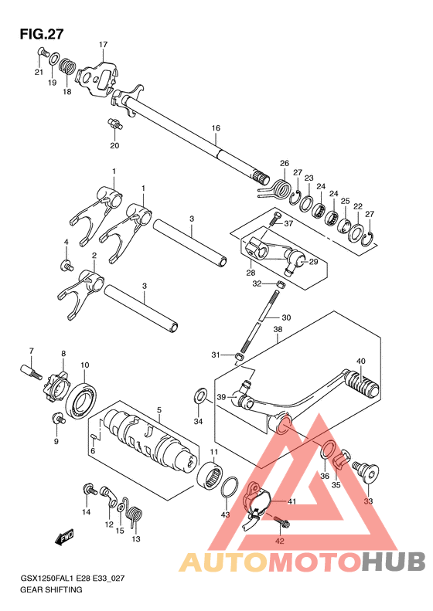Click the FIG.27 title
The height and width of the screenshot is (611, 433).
coord(41,34)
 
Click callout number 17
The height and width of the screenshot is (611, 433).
coord(103,45)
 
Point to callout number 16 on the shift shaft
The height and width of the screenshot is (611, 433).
coord(216,127)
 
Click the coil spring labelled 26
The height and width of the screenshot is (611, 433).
coord(278,188)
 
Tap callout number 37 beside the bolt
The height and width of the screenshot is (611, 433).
coord(288,224)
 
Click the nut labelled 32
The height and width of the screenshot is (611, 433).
coord(279,284)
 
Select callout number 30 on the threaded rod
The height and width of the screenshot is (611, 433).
coord(286,317)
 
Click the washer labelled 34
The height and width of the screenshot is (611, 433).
coord(199,397)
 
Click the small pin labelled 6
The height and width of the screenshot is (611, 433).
coord(94,437)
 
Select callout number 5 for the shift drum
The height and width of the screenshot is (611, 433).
coord(159,409)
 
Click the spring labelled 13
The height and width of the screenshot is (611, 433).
coord(135,515)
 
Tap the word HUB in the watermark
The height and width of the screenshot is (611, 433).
coord(394,562)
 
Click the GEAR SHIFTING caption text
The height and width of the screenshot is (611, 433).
coord(51,589)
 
